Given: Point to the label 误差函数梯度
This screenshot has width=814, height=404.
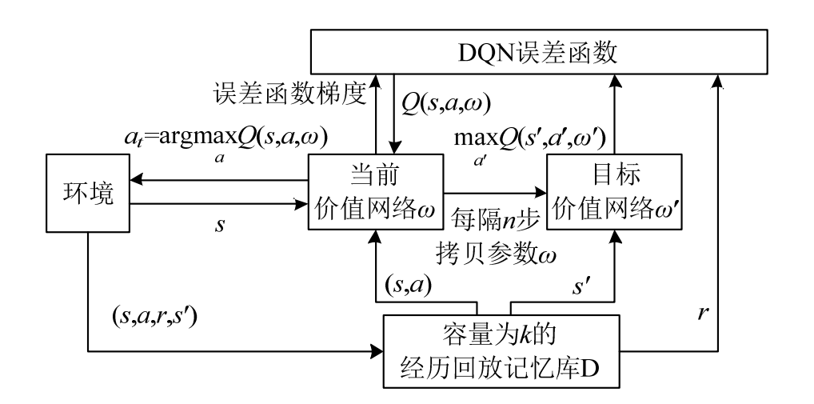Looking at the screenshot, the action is coord(289,94).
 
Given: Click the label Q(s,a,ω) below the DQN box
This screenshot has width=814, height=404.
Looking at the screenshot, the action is coord(445,104).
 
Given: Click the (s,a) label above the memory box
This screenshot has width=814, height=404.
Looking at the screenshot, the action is coord(409,285).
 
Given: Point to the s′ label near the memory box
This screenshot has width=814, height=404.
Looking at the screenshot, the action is coord(580,286).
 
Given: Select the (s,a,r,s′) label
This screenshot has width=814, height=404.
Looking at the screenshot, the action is coord(154,316).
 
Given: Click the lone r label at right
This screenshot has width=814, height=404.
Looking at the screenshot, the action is coord(702,314).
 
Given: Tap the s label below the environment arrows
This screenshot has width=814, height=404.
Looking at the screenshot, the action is coord(220,226).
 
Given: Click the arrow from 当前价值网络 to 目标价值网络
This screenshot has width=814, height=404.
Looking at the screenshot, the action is coord(495,192).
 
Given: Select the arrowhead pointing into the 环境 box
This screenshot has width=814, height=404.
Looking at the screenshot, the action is coord(137,180).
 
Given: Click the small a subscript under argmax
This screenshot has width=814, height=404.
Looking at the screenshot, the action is coord(220,158).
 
